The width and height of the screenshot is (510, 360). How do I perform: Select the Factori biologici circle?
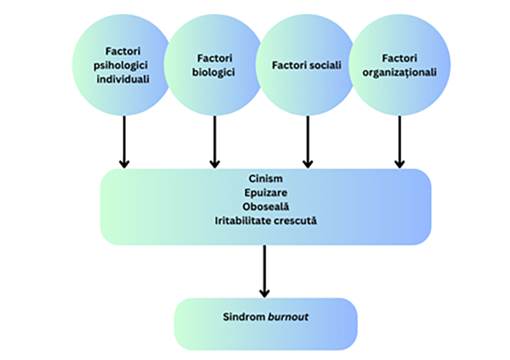[214, 65]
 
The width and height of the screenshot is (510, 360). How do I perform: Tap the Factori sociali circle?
[307, 66]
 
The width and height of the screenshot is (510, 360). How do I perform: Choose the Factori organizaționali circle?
[399, 65]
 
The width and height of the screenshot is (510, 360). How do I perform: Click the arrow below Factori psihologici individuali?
[124, 142]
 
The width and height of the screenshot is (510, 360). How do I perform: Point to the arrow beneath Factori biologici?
[214, 142]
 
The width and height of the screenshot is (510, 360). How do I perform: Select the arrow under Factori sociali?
[307, 142]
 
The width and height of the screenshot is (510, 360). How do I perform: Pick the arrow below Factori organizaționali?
[399, 142]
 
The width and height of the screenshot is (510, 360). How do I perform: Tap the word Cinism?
[264, 180]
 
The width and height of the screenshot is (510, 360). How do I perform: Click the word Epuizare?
[264, 193]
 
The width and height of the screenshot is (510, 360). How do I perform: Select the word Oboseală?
[264, 206]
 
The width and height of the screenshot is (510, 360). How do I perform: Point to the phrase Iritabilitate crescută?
[264, 219]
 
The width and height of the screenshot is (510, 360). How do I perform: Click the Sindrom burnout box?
[265, 321]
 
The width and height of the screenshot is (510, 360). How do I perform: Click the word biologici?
[214, 71]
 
